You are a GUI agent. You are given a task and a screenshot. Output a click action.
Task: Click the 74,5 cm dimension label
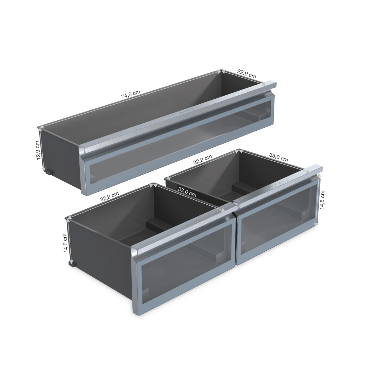131,94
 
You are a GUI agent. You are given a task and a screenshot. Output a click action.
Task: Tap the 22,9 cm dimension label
246,74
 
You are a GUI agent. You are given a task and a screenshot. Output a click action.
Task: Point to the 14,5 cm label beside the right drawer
322,200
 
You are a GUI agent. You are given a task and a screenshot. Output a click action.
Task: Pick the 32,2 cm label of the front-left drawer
109,197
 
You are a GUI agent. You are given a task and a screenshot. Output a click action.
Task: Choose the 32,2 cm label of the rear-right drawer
202,159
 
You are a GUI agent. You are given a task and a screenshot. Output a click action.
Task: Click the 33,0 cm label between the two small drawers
187,192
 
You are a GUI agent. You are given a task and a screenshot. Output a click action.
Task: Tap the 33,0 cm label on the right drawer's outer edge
278,157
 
